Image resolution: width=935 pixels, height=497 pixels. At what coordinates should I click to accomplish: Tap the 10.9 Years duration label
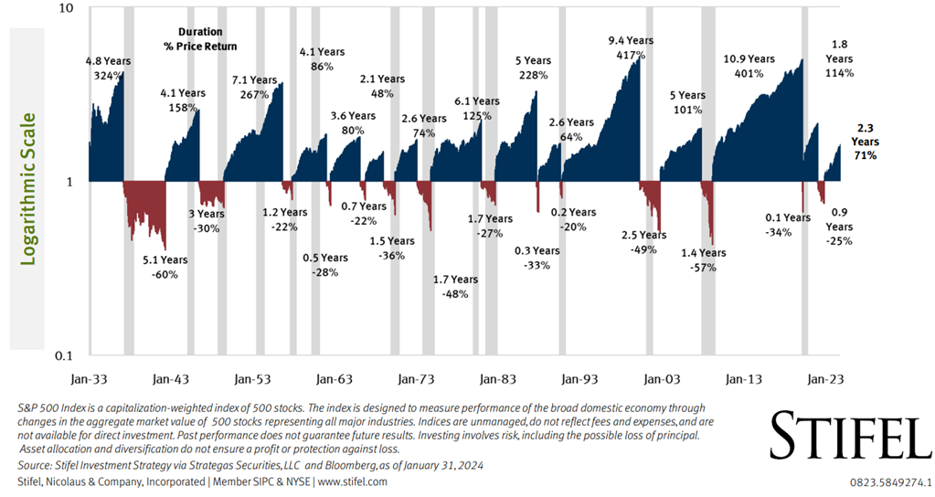(749, 59)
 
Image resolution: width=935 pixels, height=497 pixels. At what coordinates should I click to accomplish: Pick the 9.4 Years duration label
(631, 41)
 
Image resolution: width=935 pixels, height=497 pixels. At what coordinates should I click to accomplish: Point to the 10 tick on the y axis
(65, 8)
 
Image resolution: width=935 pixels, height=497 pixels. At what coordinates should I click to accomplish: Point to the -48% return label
(454, 294)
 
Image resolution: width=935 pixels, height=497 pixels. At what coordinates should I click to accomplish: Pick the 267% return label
(254, 94)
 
